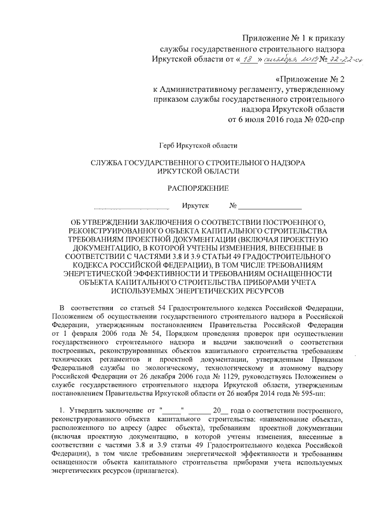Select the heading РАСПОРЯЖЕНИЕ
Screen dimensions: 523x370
(198, 187)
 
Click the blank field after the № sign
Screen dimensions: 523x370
(269, 208)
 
